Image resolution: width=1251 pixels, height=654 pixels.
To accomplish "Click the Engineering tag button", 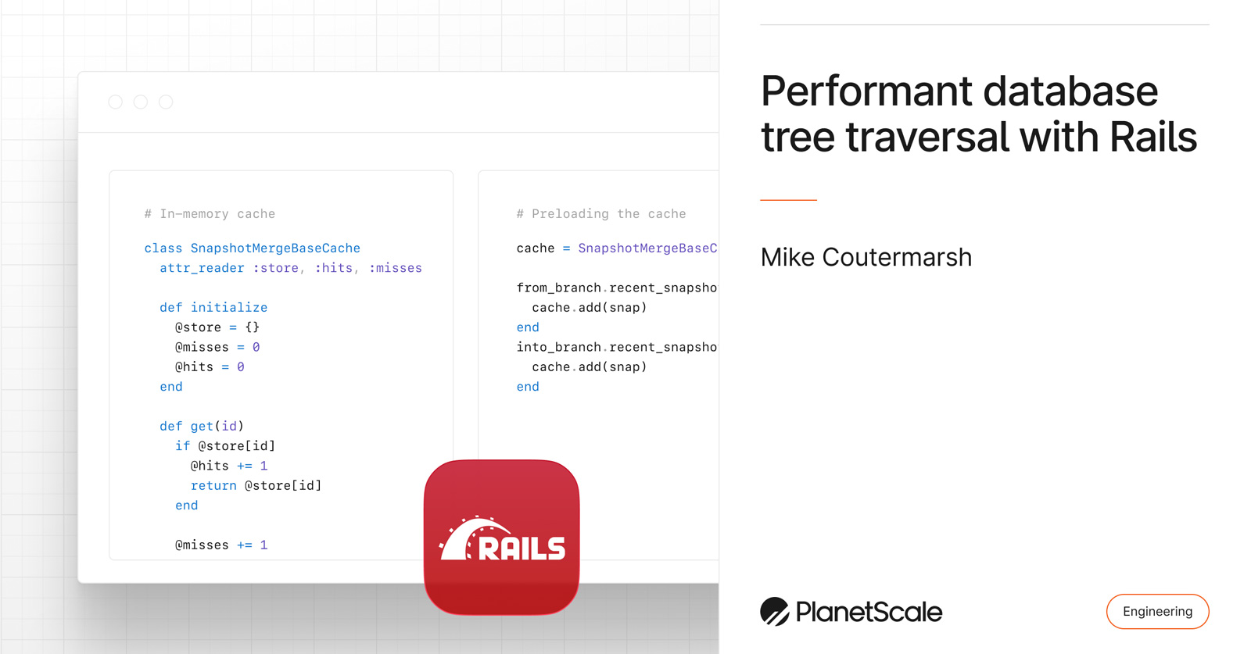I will pos(1157,611).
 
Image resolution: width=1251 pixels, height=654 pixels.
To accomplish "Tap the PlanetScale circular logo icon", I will pos(774,611).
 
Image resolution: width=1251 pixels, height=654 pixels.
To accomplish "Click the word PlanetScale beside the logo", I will pos(869,611).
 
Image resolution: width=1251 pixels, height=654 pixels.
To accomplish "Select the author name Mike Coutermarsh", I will pos(866,257).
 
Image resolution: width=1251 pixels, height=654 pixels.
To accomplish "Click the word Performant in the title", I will pos(865,91).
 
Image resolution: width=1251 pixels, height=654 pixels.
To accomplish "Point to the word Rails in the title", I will pos(1152,137).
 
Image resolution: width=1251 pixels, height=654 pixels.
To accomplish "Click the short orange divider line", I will pos(788,200).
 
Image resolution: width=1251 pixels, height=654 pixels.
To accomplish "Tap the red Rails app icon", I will pos(501,537).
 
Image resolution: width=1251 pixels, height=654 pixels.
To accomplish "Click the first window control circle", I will pos(116,102).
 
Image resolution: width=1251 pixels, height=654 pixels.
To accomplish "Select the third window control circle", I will pos(166,102).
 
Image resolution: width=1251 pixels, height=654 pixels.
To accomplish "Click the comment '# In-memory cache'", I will pos(210,213).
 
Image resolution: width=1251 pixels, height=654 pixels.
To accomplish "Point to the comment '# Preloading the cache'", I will pos(600,213).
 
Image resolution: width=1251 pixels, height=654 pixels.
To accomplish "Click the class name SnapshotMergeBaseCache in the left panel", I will pos(275,248).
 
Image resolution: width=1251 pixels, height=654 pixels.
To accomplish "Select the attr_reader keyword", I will pos(202,268).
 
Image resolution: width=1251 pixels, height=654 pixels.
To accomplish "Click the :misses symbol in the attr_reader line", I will pos(396,268).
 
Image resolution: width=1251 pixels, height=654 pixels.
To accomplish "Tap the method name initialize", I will pos(229,307).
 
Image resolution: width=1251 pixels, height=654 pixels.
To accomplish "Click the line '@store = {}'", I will pos(217,327).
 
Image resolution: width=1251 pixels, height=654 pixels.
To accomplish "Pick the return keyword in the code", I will pos(213,485).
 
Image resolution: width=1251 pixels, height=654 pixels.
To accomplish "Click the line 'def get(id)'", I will pos(202,426).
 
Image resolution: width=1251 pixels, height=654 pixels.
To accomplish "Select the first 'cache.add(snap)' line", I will pos(589,307).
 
